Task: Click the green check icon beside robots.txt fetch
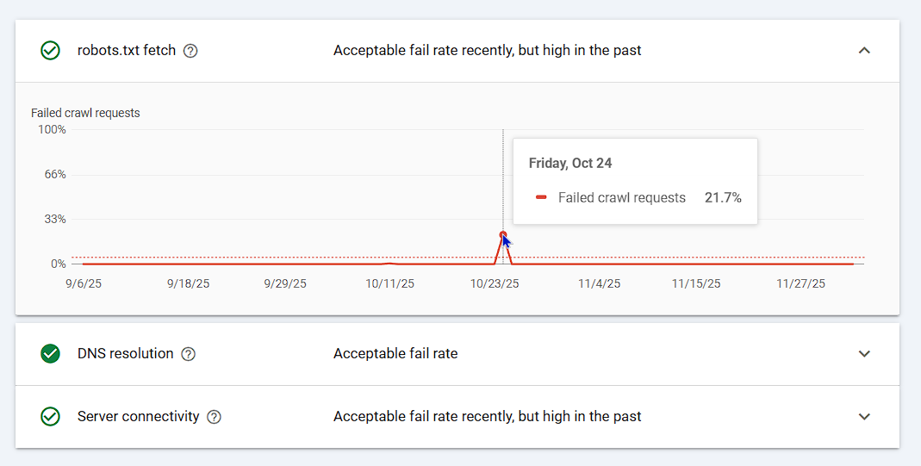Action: [51, 51]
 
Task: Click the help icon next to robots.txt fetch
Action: [191, 51]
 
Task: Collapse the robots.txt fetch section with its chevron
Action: [865, 51]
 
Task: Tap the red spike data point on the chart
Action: [503, 234]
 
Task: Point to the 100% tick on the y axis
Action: [52, 130]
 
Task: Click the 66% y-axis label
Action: [55, 175]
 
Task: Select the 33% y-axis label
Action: [55, 220]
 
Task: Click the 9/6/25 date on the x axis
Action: [83, 283]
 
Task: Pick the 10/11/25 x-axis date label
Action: [389, 283]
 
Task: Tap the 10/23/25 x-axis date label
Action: [495, 283]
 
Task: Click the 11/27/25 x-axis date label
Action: [801, 283]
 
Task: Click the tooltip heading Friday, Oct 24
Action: [570, 163]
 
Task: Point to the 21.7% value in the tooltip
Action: [723, 198]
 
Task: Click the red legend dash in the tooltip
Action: [541, 198]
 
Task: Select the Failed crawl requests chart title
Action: [85, 113]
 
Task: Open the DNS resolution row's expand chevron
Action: [865, 354]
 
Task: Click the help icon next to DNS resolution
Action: [189, 354]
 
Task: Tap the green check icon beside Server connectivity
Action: [51, 417]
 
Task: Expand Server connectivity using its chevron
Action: [865, 417]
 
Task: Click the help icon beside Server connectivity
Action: [215, 417]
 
